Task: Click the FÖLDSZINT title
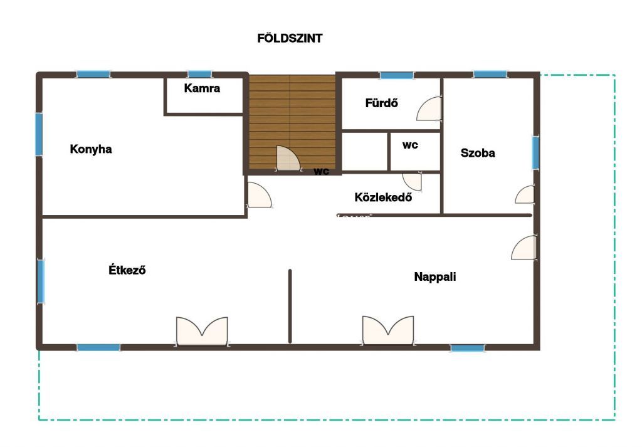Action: [290, 38]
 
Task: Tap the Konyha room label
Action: [91, 149]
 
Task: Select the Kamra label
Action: [202, 88]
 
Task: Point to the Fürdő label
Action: [382, 103]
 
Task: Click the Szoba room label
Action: [478, 153]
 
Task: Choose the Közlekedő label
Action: [383, 197]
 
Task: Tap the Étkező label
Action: [127, 270]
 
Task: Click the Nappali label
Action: [435, 276]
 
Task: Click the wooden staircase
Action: [292, 122]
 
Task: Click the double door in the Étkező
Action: [202, 331]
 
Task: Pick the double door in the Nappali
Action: [387, 330]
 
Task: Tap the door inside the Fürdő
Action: [429, 109]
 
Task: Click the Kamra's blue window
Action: [200, 74]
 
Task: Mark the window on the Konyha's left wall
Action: [39, 134]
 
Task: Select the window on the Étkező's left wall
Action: [41, 281]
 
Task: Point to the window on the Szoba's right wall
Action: [535, 153]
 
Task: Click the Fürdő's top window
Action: [397, 75]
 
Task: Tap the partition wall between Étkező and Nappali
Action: [290, 306]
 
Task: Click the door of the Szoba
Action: [525, 195]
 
